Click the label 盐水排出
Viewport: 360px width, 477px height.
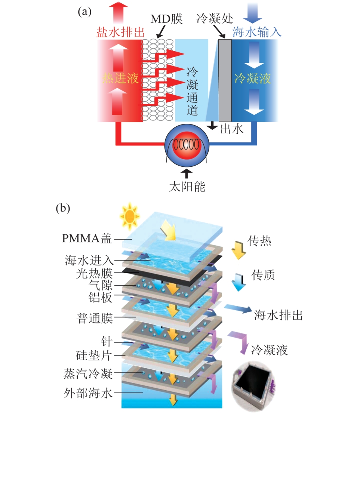[x=120, y=32]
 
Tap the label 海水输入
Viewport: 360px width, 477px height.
[x=256, y=32]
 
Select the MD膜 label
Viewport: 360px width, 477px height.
[x=166, y=19]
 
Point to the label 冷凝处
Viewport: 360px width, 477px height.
[x=215, y=19]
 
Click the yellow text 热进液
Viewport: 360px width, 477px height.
[x=120, y=78]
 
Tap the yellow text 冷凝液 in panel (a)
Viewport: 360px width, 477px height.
[x=252, y=79]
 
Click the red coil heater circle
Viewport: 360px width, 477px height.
[x=187, y=145]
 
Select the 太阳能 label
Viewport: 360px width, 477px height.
[x=187, y=186]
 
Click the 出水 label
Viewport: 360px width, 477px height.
[x=231, y=129]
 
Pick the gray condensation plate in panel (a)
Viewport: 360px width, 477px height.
[x=225, y=80]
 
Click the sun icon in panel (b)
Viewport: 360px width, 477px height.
[x=129, y=216]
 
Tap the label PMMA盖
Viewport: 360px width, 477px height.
[x=87, y=238]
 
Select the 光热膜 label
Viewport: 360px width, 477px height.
[x=94, y=273]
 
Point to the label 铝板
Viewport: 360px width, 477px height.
[x=100, y=297]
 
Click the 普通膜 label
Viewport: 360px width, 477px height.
[x=95, y=318]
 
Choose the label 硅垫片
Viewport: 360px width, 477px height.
[x=93, y=355]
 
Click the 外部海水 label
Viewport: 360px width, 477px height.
[x=88, y=393]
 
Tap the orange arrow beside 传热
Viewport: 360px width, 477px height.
[x=238, y=249]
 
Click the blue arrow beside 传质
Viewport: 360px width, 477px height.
[x=238, y=282]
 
